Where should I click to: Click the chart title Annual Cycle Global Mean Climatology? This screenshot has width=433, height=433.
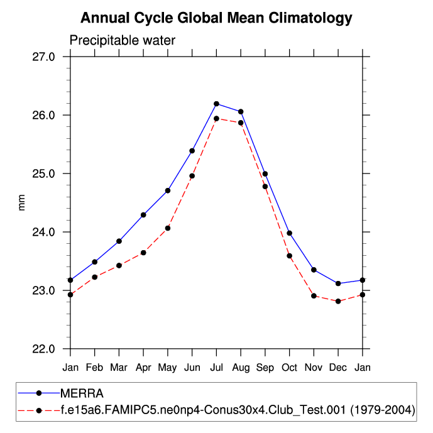tap(216, 18)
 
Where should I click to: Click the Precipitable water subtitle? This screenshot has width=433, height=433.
tap(122, 41)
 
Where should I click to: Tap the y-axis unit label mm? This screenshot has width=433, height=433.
tap(22, 202)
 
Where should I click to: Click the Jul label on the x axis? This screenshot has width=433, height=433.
tap(216, 367)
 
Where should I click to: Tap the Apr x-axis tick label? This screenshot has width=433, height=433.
tap(143, 367)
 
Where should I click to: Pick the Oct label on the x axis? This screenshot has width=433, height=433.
tap(289, 367)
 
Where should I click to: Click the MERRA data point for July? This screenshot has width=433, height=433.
tap(216, 104)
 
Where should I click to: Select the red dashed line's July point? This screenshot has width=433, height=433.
tap(216, 119)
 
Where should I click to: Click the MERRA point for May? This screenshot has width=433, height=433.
tap(168, 190)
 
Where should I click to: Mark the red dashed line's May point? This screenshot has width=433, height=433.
tap(168, 228)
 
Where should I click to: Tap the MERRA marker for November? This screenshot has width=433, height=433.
tap(314, 270)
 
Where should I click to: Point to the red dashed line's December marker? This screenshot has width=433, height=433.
tap(338, 302)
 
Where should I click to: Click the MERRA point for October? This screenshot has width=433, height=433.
tap(289, 233)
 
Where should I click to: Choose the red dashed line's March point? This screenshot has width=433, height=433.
tap(119, 265)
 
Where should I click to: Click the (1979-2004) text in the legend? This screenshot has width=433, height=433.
tap(381, 411)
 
